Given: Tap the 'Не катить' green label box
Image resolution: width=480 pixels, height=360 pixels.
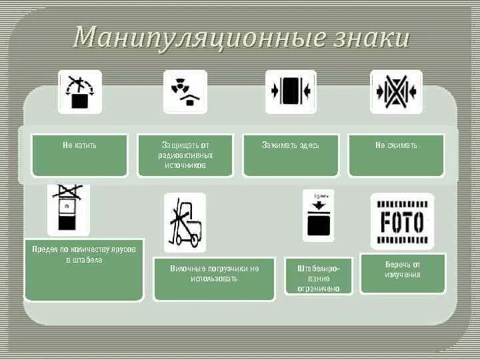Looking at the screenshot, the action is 79,155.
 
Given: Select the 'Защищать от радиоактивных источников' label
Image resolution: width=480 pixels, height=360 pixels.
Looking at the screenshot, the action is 185,155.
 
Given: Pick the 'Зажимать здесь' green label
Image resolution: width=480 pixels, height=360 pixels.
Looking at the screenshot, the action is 291,155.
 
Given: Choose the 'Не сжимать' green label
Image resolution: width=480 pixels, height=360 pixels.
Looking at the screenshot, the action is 396,155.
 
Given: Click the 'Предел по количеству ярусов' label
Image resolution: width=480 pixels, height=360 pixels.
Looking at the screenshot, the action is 83,269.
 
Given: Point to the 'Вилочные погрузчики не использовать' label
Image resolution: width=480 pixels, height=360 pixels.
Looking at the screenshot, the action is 214,279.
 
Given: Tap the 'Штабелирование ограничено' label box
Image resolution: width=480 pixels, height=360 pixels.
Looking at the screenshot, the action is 318,276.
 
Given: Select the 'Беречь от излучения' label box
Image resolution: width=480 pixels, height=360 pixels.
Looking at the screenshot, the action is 403,273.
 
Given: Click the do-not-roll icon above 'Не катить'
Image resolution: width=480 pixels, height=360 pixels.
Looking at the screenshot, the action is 80,92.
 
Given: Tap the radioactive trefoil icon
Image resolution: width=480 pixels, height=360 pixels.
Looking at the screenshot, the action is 185,92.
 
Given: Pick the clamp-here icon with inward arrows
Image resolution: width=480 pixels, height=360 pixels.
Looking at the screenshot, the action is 291,92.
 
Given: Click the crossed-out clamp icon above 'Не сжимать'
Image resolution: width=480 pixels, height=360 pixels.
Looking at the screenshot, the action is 396,92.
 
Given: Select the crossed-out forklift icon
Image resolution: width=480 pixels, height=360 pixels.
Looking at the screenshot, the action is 185,222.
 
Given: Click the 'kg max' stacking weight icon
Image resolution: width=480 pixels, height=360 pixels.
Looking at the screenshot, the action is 318,215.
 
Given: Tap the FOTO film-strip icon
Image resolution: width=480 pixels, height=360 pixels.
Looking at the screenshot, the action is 402,221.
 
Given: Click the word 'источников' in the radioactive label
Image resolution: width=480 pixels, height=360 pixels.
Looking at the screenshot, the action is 185,165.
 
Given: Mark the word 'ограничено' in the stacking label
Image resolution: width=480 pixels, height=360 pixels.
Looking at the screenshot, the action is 319,289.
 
